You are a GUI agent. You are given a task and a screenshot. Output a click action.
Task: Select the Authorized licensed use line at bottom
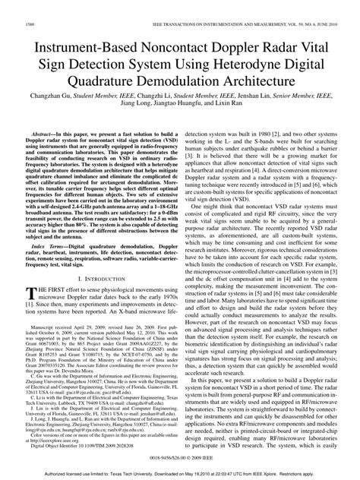[x=179, y=472]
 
